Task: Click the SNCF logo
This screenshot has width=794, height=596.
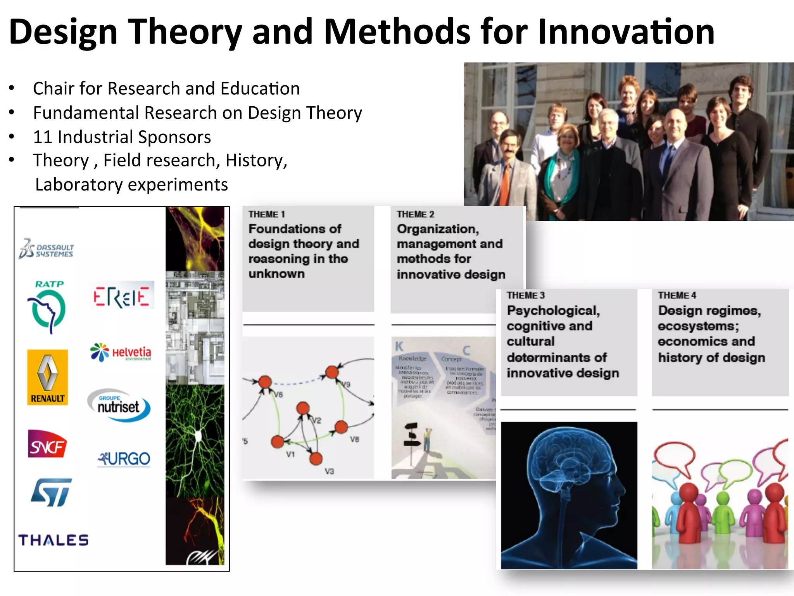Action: [x=47, y=444]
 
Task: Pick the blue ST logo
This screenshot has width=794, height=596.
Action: [x=52, y=492]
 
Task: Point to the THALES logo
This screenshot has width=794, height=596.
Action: [x=54, y=540]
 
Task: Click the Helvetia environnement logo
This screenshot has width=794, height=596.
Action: [x=121, y=352]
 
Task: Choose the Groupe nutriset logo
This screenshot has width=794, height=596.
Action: [x=119, y=405]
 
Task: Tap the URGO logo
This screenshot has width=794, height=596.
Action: [x=124, y=459]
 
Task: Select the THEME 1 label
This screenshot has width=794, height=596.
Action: [x=267, y=215]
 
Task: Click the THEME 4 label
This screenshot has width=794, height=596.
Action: [x=677, y=296]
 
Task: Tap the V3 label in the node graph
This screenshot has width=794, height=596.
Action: [x=329, y=471]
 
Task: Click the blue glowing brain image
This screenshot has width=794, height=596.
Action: [x=569, y=495]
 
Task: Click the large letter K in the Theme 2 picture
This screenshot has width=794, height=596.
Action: [x=399, y=346]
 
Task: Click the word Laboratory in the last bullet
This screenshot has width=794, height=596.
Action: [x=79, y=185]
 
